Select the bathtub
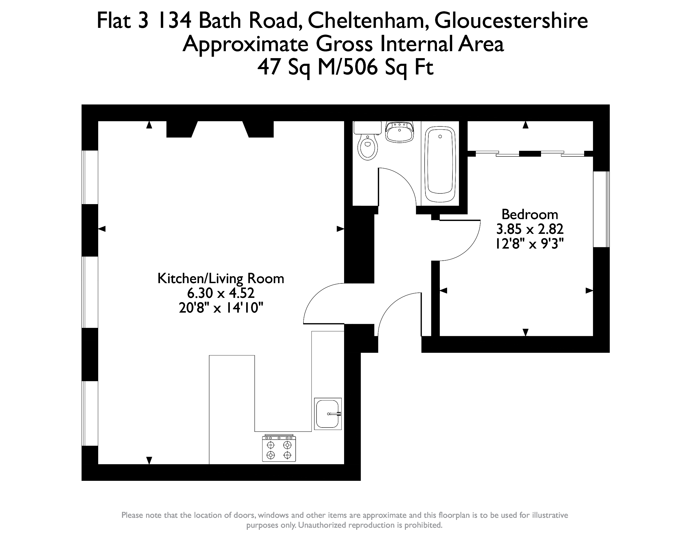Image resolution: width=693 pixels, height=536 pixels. pos(440,164)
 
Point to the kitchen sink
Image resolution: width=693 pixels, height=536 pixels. pos(328,414)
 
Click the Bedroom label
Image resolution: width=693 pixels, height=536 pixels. pos(529,215)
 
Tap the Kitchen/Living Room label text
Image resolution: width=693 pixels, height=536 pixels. pos(220,278)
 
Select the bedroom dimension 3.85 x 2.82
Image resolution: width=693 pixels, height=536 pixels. pos(529,229)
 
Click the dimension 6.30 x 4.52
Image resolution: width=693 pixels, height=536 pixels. pos(220,293)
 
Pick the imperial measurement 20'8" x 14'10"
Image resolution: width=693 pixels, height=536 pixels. pos(220,308)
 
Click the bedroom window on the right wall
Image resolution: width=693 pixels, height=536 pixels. pos(601,209)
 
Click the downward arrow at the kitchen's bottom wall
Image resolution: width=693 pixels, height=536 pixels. pos(149,460)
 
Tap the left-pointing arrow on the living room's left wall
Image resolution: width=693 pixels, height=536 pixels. pos(102,229)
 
